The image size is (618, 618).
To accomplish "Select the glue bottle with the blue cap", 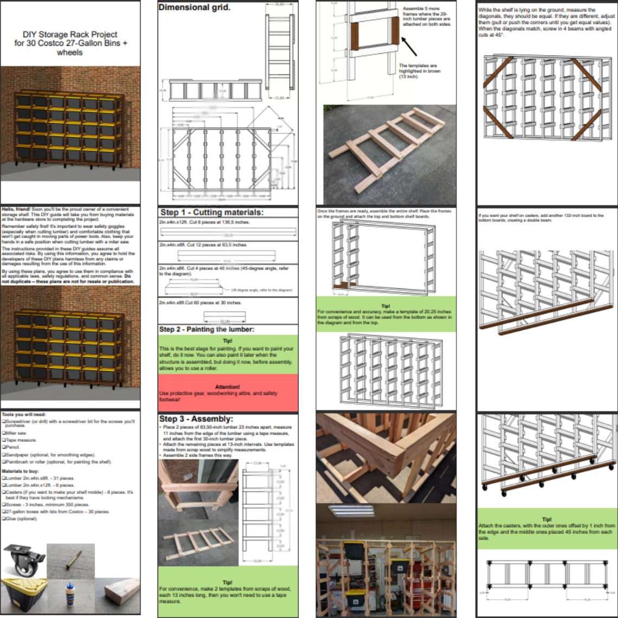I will (x=70, y=593).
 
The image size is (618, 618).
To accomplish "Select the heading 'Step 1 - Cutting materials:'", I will (x=211, y=212).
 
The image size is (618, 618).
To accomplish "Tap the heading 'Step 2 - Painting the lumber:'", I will (x=207, y=329).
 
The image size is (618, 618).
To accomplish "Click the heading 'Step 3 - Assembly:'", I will (x=196, y=419).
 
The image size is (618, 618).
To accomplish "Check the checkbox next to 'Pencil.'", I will (x=3, y=447).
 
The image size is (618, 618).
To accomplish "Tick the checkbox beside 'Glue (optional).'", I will (x=3, y=518).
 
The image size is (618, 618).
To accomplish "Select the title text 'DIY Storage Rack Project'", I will (x=70, y=34).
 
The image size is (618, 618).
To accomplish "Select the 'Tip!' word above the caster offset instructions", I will (x=547, y=519).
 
